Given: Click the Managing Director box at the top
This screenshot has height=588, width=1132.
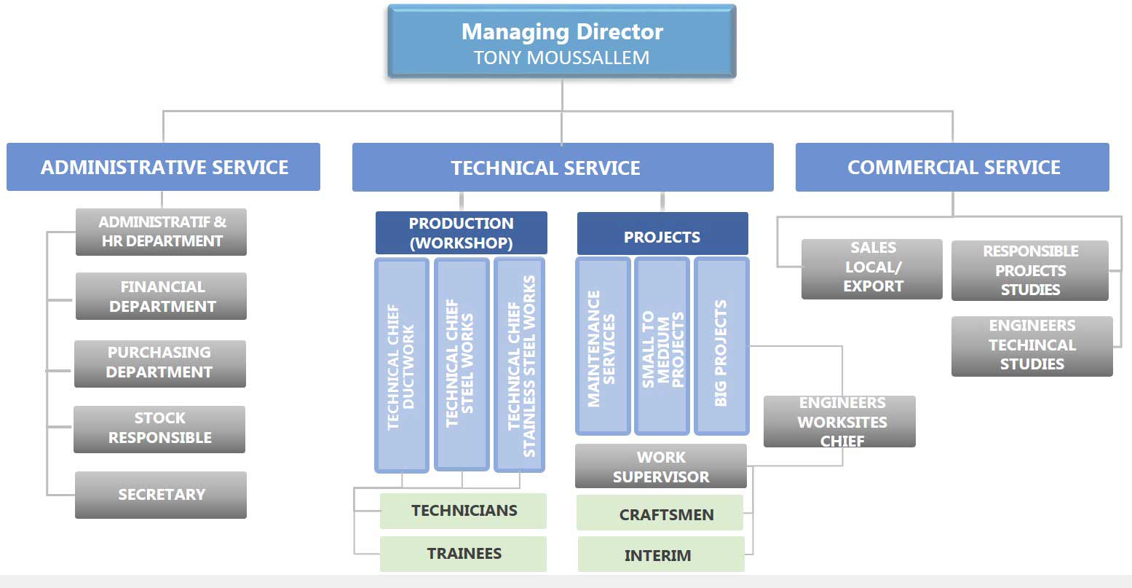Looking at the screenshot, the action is pos(561,41).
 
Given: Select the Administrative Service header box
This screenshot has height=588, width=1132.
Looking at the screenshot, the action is pos(163,167).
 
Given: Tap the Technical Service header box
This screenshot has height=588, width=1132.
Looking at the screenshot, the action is pos(563,168).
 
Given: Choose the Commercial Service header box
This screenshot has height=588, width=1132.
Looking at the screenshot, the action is pos(952,167).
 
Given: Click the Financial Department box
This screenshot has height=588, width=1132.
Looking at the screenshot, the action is pos(161,297).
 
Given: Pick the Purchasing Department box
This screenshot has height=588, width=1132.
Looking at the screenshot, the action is pos(160,364).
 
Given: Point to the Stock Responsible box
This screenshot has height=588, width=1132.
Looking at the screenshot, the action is pos(159,429).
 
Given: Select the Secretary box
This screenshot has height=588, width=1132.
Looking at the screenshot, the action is pos(161,495).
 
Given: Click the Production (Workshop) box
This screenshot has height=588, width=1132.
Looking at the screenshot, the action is pos(462,232).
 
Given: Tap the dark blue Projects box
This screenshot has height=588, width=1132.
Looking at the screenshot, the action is pos(662,233).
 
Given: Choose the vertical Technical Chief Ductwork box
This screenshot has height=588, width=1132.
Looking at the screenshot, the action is pos(402,365).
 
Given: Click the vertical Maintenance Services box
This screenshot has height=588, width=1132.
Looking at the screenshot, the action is pos(603,347).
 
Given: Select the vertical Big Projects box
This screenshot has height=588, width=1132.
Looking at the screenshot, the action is pos(721,347).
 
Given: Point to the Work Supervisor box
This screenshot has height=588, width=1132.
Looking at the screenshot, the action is pos(661,466).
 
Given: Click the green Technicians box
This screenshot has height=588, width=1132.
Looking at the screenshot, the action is pos(464,511).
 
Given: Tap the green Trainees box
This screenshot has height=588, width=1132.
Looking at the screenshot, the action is pos(464,554).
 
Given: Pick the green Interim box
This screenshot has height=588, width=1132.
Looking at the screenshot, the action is pos(661,554).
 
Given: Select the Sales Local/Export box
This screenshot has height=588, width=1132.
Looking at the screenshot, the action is pos(871,269).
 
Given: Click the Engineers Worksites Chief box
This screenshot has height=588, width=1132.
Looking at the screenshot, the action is pos(839,422).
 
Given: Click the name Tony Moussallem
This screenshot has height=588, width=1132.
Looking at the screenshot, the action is pos(561,58).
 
